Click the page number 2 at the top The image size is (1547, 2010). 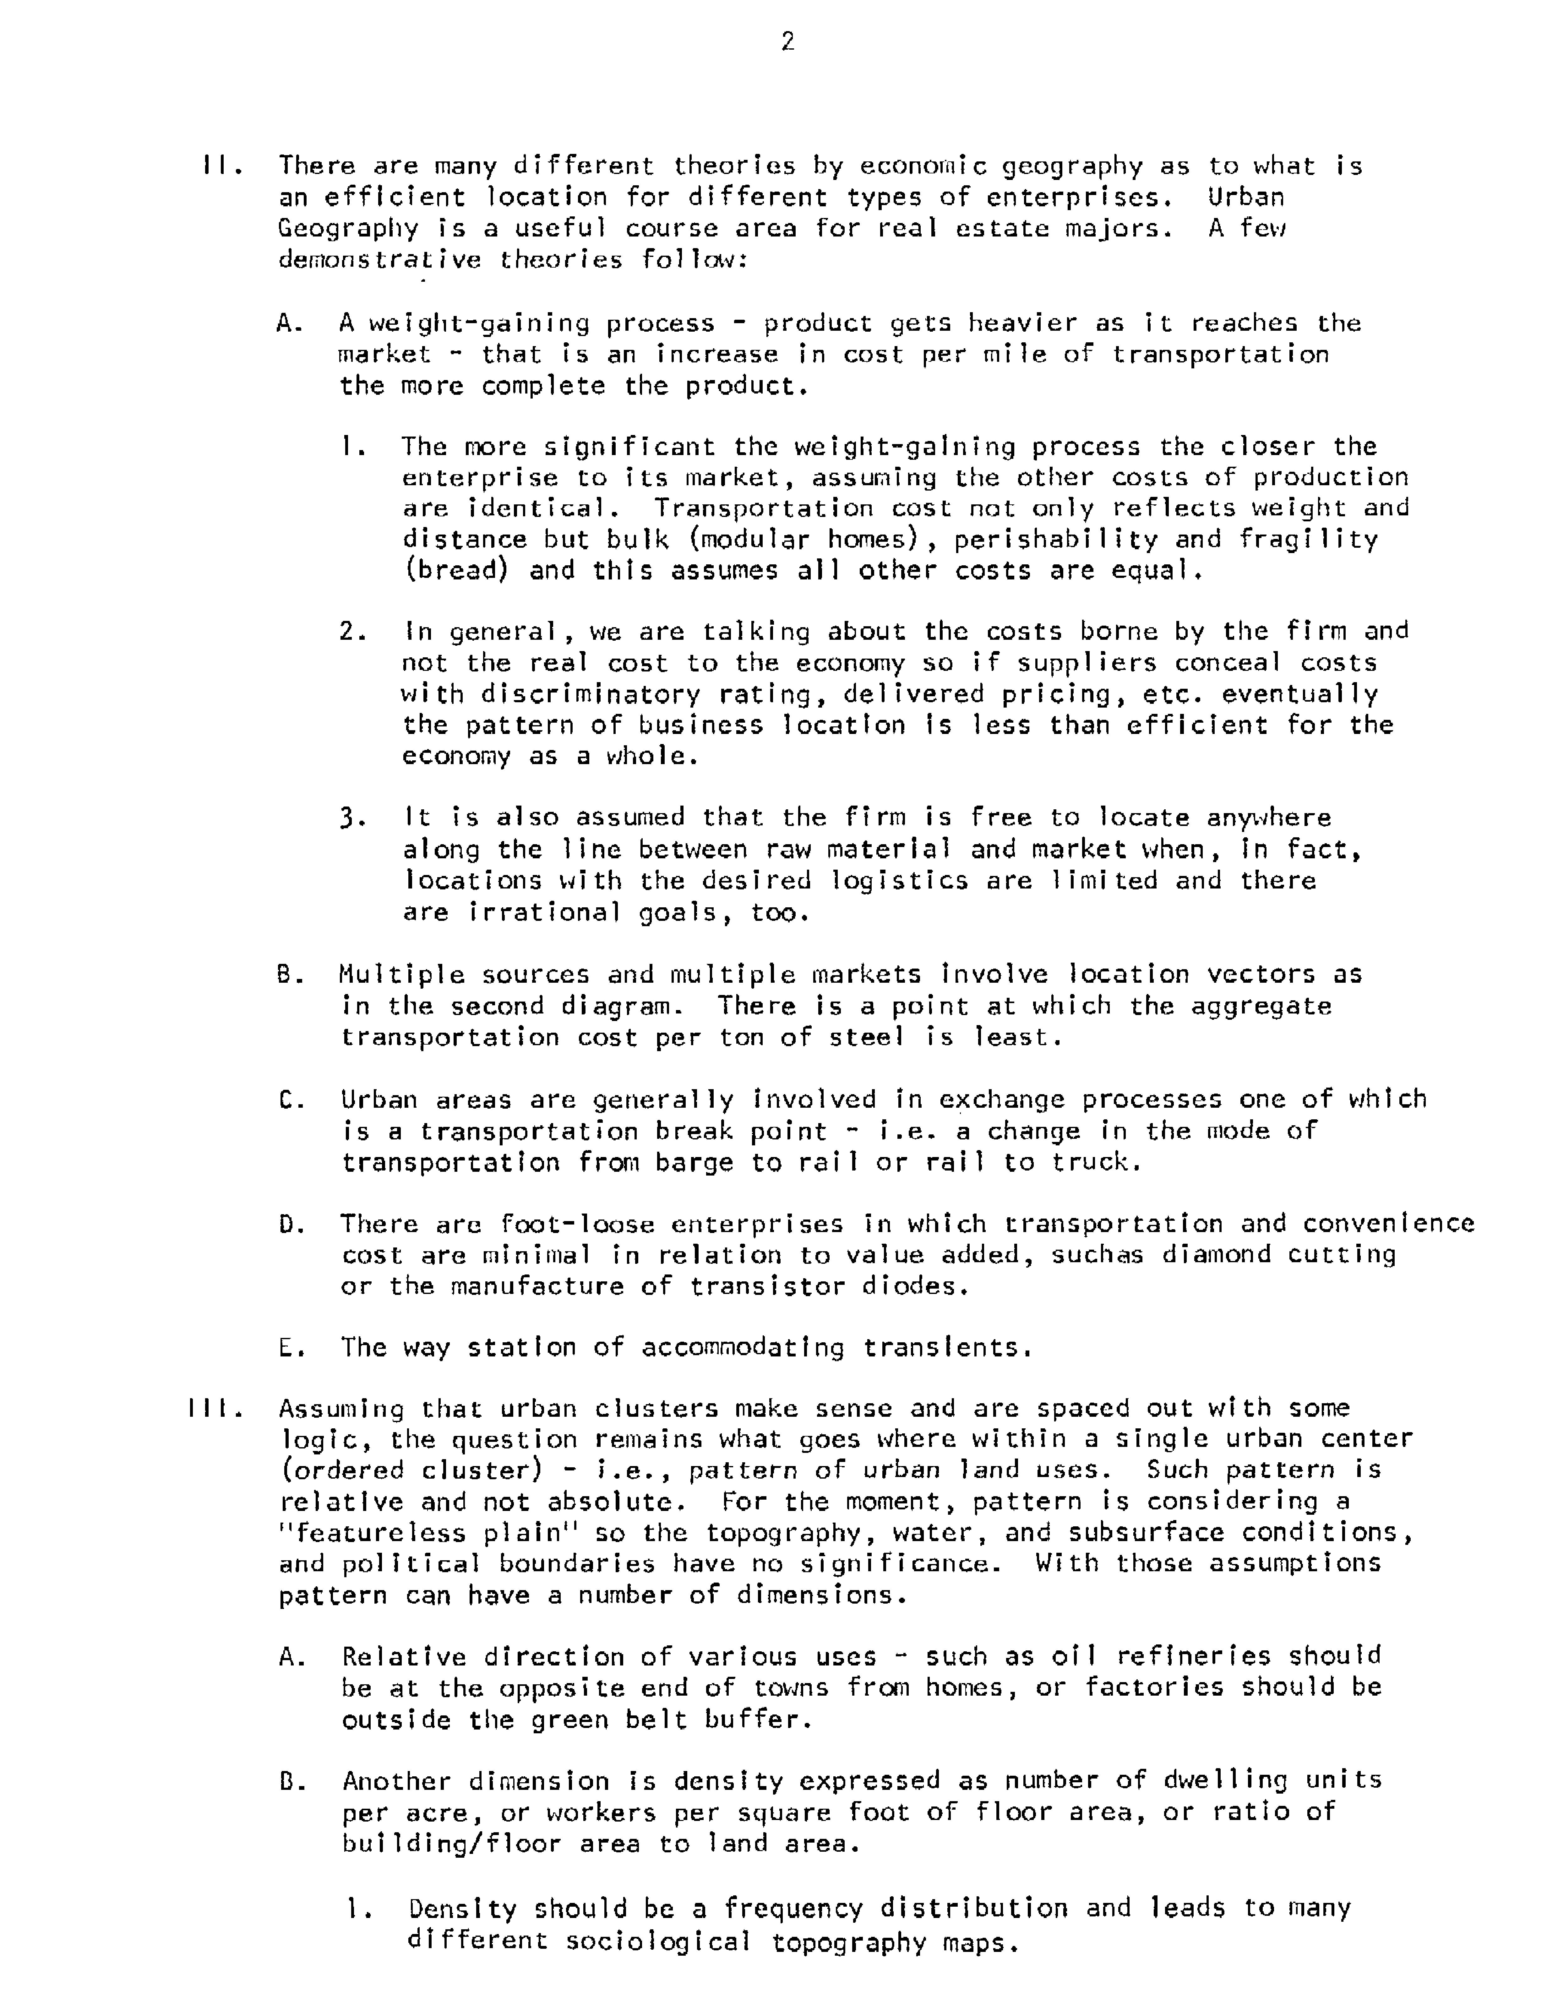click(x=787, y=41)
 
